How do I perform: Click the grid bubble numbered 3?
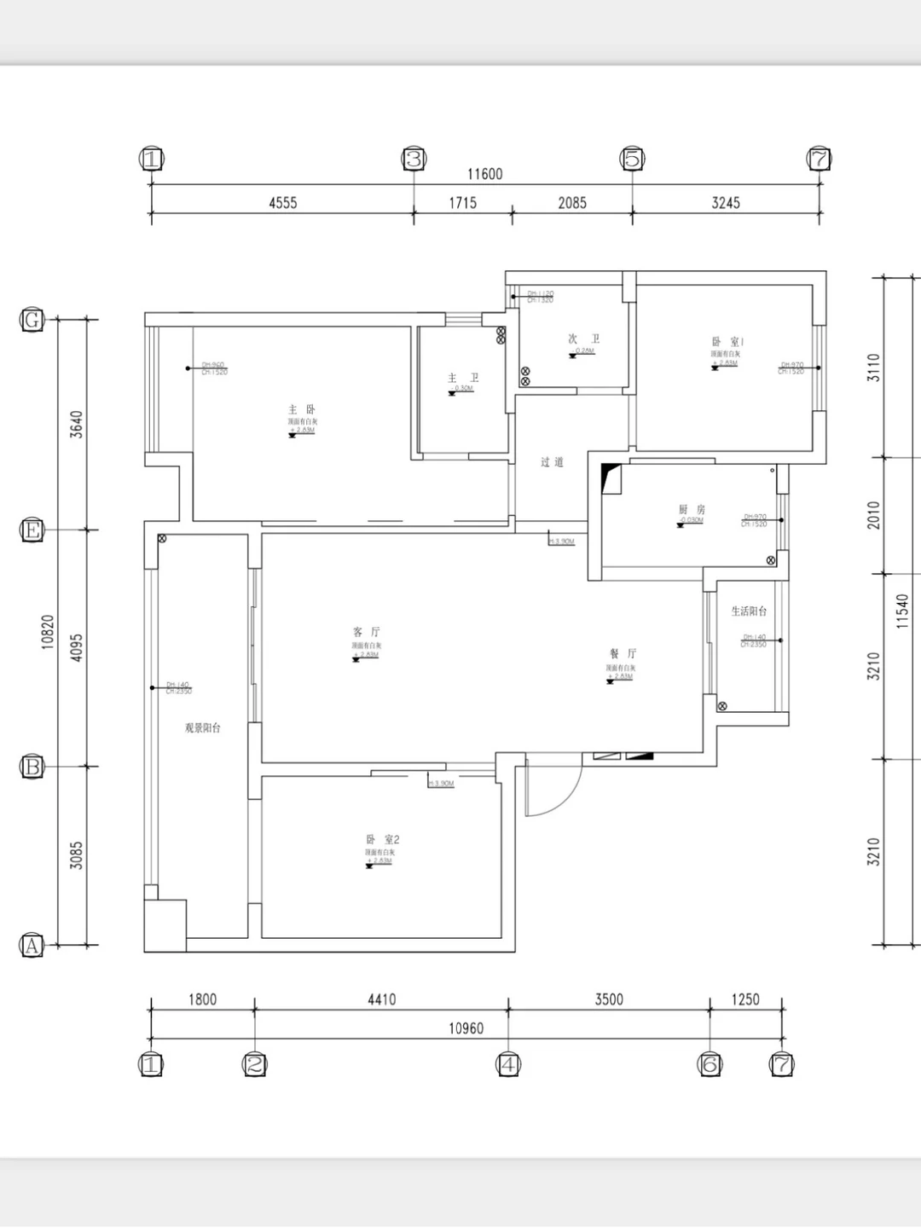point(414,159)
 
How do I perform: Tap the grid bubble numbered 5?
point(633,159)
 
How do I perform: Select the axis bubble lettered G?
point(32,320)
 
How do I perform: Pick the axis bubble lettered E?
point(32,530)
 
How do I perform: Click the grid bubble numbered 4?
point(508,1064)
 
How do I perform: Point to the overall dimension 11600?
point(484,174)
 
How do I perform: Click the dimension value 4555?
point(283,203)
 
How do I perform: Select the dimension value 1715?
point(463,203)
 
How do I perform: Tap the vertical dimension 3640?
point(76,424)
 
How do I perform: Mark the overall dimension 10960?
point(466,1028)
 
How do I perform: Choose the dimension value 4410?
point(381,999)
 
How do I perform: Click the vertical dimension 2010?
point(874,515)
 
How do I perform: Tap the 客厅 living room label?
point(367,632)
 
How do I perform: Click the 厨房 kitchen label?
point(692,510)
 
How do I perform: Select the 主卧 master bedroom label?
point(302,410)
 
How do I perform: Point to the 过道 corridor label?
point(552,462)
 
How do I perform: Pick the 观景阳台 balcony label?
point(203,728)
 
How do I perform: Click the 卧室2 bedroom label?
point(382,840)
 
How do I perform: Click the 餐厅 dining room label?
point(623,654)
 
